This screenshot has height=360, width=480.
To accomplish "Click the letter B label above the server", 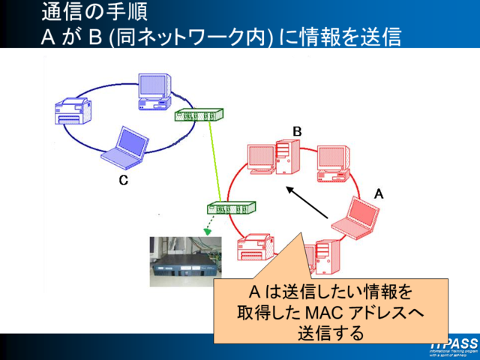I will click(297, 132).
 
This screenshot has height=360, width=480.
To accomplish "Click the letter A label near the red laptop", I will click(379, 193).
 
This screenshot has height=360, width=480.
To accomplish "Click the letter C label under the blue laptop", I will click(123, 180).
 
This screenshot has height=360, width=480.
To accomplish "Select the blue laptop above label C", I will click(124, 148).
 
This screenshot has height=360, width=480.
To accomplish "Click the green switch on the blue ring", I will click(199, 115).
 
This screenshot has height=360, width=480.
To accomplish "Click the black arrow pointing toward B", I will click(311, 204).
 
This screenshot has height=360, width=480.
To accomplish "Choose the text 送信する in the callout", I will click(331, 332).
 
